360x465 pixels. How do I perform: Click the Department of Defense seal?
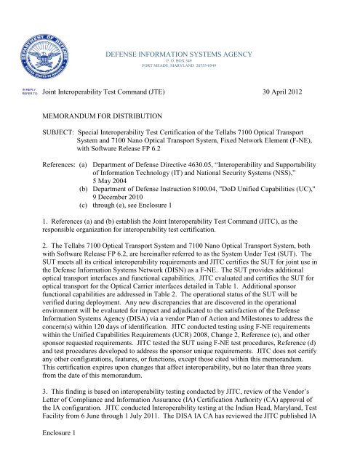point(45,46)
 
